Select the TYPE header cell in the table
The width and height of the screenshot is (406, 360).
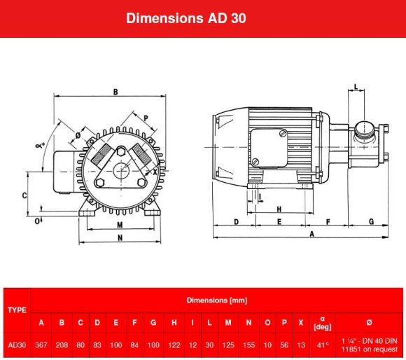[x=17, y=309]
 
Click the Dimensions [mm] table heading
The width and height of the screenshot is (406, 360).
[x=217, y=300]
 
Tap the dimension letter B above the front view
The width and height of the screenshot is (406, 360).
[x=115, y=91]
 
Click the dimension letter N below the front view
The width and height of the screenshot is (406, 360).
[x=120, y=238]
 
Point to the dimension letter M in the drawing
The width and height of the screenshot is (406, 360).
[x=120, y=225]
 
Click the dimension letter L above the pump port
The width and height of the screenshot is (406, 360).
[x=356, y=87]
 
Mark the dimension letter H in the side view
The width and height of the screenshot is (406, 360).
[x=279, y=209]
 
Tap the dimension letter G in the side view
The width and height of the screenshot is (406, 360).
[x=371, y=221]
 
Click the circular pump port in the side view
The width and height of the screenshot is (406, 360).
[x=363, y=129]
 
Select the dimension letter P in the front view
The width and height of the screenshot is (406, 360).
[x=146, y=118]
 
